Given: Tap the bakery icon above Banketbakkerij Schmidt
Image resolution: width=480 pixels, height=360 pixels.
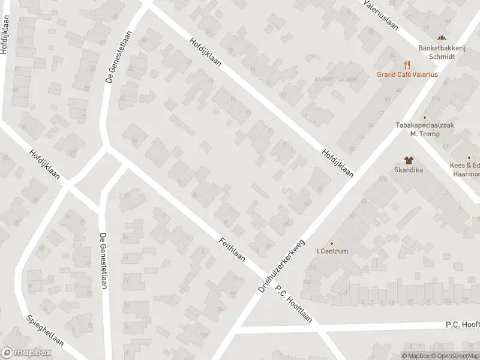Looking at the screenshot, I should [x=443, y=39].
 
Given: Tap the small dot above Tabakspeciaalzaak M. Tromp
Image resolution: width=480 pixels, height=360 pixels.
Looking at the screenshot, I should [x=425, y=118].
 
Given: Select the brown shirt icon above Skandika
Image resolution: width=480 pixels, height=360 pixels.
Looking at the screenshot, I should [x=409, y=160].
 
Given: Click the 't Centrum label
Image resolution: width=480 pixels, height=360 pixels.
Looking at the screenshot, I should [x=332, y=251].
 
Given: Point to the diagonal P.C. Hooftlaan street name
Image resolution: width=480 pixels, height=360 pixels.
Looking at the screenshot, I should [x=294, y=304].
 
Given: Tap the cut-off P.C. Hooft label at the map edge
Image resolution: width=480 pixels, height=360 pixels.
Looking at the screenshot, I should [x=462, y=324].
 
